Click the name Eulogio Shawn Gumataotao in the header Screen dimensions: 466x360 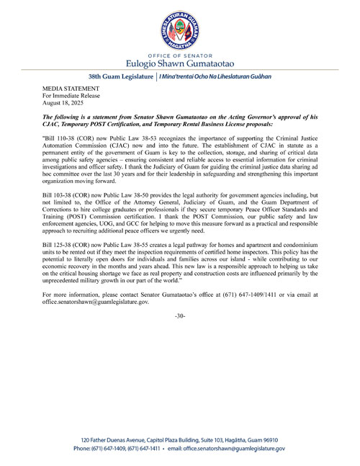180,63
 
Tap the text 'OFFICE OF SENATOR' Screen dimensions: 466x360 180,54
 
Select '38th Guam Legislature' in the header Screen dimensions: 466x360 120,76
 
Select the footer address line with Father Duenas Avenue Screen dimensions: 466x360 180,440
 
